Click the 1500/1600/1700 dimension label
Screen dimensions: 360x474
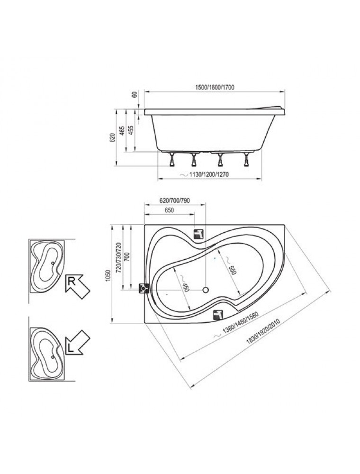[x=215, y=87]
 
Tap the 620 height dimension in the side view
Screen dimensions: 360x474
[x=112, y=138]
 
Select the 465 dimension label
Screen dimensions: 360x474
[x=121, y=131]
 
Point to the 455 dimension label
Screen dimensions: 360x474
[x=130, y=131]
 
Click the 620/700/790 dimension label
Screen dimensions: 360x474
[x=175, y=201]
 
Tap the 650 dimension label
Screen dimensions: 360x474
[x=169, y=210]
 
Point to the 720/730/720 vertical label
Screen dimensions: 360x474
[x=118, y=256]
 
